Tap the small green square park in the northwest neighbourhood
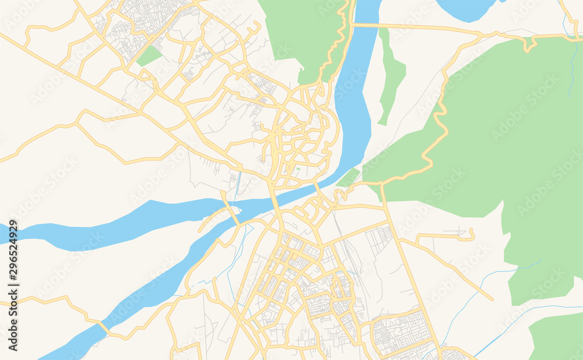point(149,56)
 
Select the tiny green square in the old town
point(297,169)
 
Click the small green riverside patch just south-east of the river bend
point(348,177)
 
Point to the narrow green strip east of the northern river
point(392,76)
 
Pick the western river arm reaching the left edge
point(87,225)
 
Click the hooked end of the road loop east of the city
point(471,235)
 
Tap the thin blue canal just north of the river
point(238,184)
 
